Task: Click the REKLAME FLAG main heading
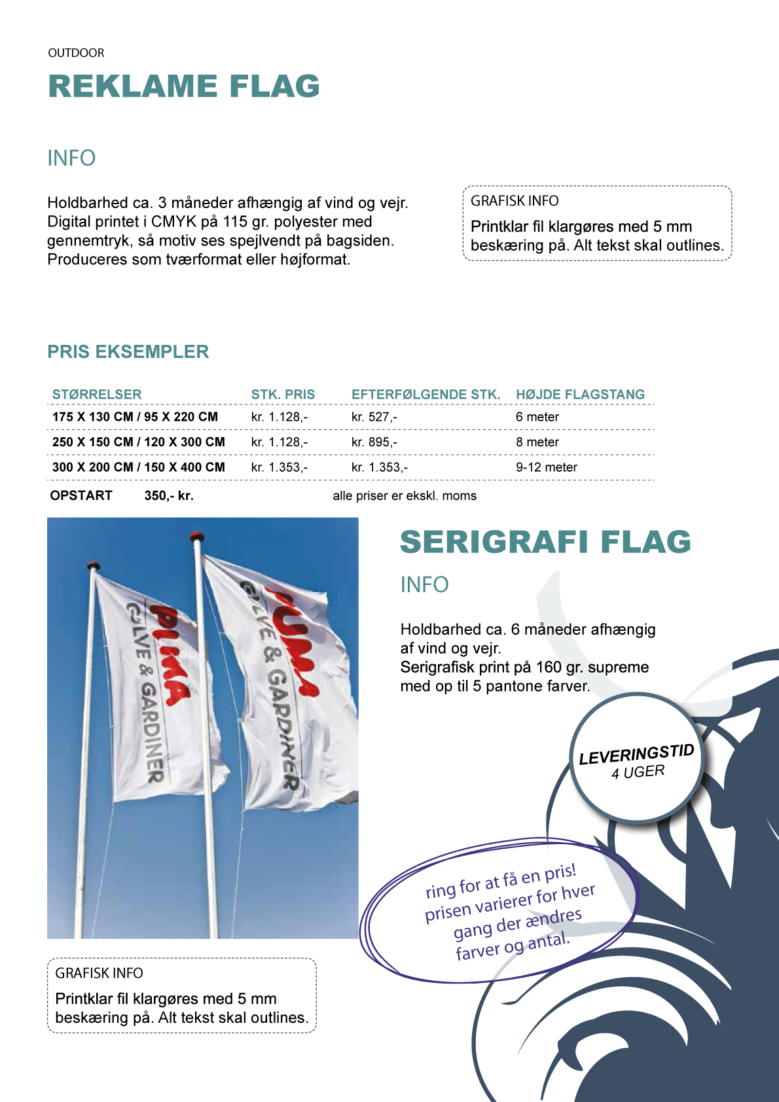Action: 184,86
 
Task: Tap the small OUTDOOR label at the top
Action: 76,53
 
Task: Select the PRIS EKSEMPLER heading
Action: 128,351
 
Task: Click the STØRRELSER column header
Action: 97,395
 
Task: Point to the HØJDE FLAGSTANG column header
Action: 580,395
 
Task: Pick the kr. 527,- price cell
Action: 374,417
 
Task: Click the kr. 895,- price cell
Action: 374,442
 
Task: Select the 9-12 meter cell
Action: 546,467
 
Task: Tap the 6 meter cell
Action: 537,417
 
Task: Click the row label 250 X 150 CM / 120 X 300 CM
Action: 139,442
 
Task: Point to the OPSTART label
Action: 81,495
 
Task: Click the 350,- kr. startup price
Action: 169,495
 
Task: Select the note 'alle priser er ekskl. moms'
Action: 405,496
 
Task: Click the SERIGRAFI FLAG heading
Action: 545,542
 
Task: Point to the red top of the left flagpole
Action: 94,565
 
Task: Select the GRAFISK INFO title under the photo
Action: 99,973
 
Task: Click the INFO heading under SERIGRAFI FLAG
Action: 424,584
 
